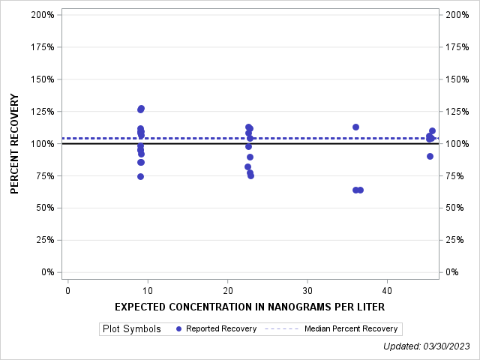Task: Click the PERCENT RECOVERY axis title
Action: point(15,144)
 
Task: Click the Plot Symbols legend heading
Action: point(132,328)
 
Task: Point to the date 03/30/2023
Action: point(447,346)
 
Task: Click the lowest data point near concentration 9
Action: point(140,176)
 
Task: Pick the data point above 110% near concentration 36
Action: point(355,127)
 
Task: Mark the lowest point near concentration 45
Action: point(430,156)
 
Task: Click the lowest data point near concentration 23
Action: point(250,175)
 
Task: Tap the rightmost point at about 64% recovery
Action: point(360,190)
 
